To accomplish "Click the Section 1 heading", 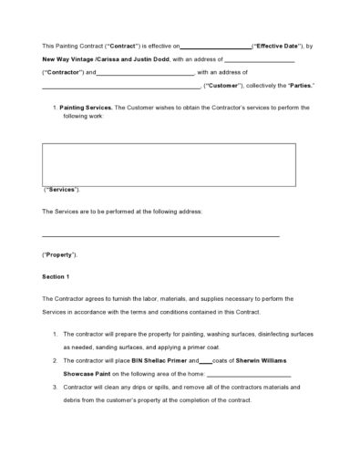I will click(x=56, y=275).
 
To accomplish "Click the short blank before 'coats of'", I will click(x=206, y=363).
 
